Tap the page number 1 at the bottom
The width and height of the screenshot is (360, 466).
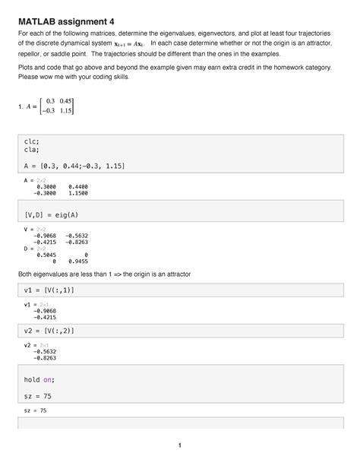tap(180, 445)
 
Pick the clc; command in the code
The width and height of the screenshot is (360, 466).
tap(33, 141)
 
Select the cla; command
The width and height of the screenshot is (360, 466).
tap(33, 151)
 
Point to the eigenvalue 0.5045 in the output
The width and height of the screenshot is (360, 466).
tap(43, 255)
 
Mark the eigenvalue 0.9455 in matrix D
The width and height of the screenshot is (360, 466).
tap(78, 262)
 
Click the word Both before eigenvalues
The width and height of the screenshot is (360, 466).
tap(27, 273)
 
